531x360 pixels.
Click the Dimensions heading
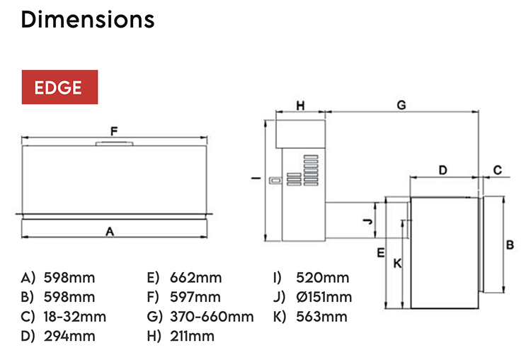pyautogui.click(x=88, y=19)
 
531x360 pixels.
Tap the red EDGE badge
pyautogui.click(x=59, y=88)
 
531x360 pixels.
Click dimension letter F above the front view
pyautogui.click(x=114, y=130)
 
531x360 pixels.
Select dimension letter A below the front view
pyautogui.click(x=110, y=231)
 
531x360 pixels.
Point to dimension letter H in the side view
pyautogui.click(x=300, y=106)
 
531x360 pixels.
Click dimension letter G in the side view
pyautogui.click(x=401, y=106)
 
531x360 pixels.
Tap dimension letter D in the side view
pyautogui.click(x=443, y=170)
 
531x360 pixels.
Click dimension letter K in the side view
pyautogui.click(x=397, y=264)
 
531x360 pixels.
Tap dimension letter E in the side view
pyautogui.click(x=380, y=252)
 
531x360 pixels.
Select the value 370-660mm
pyautogui.click(x=212, y=316)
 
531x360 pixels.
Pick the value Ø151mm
pyautogui.click(x=325, y=297)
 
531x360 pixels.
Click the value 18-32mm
pyautogui.click(x=75, y=316)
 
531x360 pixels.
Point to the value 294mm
pyautogui.click(x=69, y=335)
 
